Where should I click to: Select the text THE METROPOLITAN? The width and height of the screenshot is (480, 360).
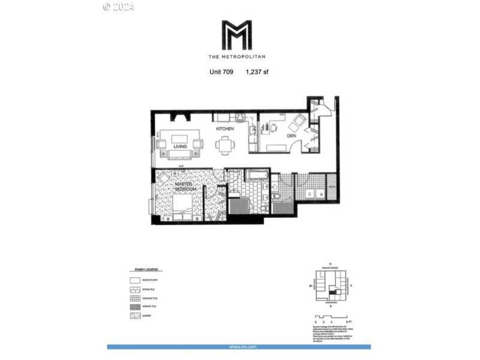[x=236, y=57]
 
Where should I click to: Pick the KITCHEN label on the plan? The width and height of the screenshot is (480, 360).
[x=225, y=129]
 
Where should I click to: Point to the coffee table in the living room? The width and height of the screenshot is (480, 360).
[x=178, y=143]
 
